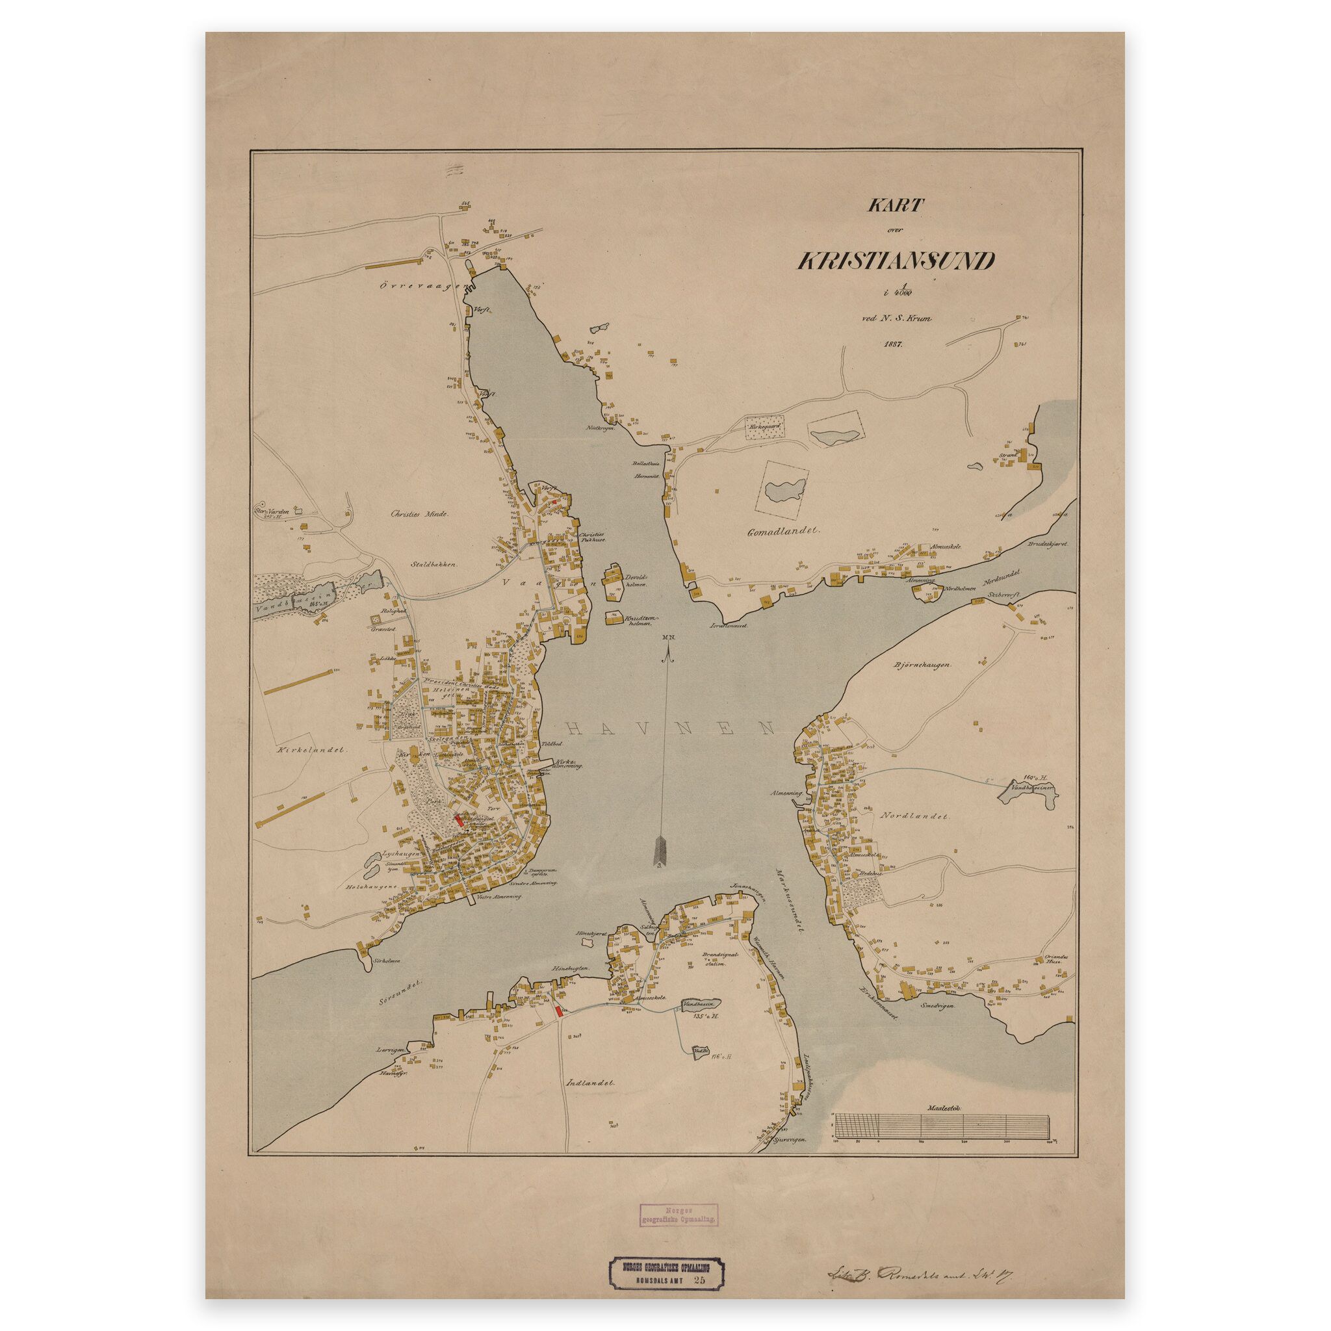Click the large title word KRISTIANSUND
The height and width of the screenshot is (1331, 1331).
pos(896,262)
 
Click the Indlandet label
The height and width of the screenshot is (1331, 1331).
pos(590,1082)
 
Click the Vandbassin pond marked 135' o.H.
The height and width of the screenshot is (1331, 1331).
pos(701,1005)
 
